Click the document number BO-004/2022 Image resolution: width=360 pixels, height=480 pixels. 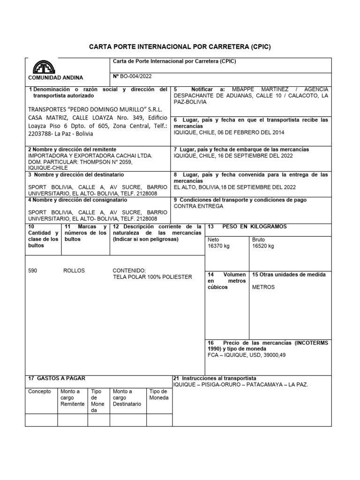tap(136, 76)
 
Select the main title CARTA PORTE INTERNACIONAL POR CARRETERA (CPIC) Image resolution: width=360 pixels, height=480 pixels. tap(180, 47)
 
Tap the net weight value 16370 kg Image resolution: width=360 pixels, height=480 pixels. tap(219, 246)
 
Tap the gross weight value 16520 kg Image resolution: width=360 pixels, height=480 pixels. tap(263, 246)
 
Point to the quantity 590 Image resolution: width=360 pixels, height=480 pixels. tap(33, 271)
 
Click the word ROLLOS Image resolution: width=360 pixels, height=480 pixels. tap(74, 271)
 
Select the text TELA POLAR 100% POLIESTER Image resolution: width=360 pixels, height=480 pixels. tap(152, 277)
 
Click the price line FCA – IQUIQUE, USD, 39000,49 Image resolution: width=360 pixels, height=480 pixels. tap(247, 355)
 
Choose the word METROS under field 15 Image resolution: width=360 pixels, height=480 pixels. tap(263, 287)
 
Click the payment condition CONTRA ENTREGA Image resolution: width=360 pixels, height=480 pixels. tap(199, 206)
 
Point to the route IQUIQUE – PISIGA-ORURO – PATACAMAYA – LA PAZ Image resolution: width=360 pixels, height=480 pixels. tap(241, 384)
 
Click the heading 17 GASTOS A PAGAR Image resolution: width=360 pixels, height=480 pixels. tap(57, 378)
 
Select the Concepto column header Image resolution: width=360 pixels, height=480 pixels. tap(40, 391)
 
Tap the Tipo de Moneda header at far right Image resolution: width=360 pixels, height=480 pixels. tap(158, 395)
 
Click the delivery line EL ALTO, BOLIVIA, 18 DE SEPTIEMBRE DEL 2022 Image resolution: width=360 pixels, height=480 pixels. tap(235, 187)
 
